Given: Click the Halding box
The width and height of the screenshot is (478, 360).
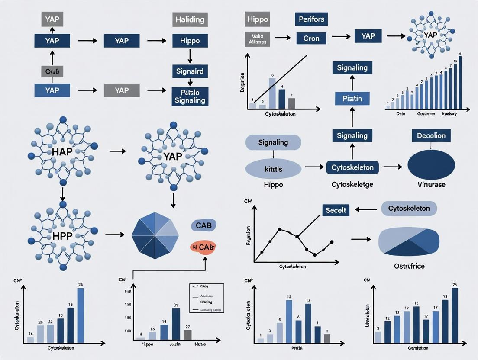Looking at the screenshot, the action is (x=190, y=19).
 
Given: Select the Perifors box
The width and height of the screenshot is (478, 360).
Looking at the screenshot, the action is (x=311, y=19).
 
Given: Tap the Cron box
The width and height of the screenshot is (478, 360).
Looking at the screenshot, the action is (x=311, y=38).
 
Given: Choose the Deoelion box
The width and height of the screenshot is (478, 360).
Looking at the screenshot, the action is (x=431, y=135).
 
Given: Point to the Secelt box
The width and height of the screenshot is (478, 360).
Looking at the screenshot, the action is (x=336, y=210).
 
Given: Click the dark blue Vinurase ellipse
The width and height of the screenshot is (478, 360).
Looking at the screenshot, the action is (x=431, y=165).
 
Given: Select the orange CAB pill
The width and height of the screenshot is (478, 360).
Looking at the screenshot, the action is (x=203, y=247).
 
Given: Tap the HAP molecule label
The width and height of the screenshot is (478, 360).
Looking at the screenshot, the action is (x=63, y=153).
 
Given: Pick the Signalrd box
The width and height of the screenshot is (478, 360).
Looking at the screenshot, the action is (x=190, y=71).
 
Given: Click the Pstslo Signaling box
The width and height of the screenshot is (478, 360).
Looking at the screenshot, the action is (x=190, y=96).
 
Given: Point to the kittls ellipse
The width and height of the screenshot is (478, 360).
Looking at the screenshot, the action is (x=273, y=169).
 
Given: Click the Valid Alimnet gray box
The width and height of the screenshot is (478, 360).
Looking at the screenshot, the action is (x=258, y=39).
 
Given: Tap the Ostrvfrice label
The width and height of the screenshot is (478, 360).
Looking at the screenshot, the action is (x=409, y=266).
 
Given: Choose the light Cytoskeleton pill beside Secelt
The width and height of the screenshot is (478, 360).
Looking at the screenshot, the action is (x=409, y=209).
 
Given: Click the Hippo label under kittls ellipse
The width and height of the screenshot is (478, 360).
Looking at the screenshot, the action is (x=273, y=184).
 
